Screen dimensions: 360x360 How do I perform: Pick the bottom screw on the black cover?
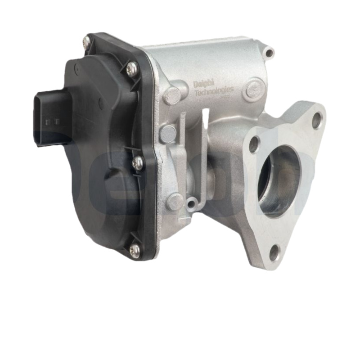coord(134,250)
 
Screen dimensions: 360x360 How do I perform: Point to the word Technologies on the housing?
coord(213,93)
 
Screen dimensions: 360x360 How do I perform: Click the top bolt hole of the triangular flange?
coord(317,120)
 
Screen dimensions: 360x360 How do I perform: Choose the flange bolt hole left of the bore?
coord(254,144)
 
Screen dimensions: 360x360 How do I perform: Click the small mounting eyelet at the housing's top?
coord(269,53)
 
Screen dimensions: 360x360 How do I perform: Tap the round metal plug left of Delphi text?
coord(172,95)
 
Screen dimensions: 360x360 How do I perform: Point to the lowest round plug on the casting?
coord(175,201)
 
